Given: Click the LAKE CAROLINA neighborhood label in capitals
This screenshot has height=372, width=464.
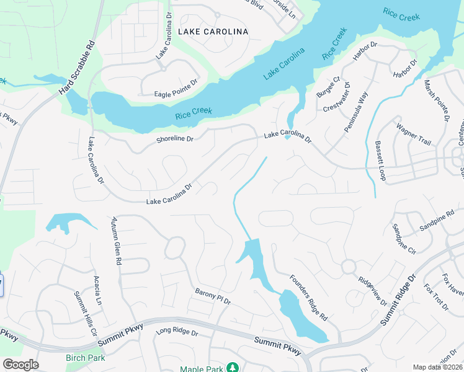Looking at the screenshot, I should click(213, 31).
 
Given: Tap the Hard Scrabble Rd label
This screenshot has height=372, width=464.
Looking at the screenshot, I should click(77, 68).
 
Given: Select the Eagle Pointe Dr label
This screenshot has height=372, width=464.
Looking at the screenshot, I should click(176, 94).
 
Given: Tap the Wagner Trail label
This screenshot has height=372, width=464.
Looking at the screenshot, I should click(413, 134).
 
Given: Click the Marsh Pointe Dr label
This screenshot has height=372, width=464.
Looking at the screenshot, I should click(435, 99).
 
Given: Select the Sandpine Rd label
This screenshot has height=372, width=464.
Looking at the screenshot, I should click(437, 219).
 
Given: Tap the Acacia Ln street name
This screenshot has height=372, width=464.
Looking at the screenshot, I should click(97, 291).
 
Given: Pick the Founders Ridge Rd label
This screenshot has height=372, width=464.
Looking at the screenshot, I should click(308, 297).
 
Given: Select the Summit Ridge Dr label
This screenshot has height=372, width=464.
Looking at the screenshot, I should click(399, 301).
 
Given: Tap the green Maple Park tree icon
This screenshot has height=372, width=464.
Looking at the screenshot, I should click(232, 368).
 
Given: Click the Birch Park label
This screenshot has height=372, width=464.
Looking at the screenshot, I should click(85, 358).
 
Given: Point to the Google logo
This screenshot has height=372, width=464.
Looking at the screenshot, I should click(20, 365).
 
